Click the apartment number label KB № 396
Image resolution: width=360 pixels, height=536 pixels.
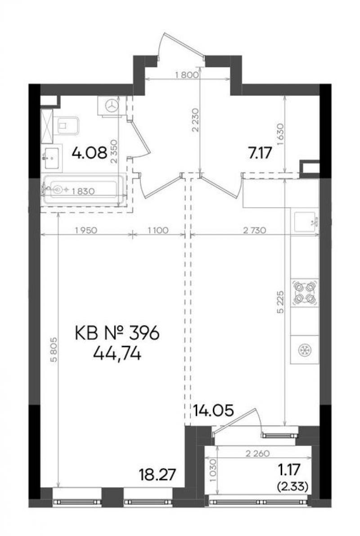tap(117, 333)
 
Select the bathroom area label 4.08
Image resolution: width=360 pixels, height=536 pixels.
tap(90, 153)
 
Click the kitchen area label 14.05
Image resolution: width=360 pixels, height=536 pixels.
tap(213, 410)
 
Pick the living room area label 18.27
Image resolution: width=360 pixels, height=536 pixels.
tap(157, 475)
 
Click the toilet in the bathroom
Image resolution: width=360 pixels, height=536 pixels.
tap(67, 126)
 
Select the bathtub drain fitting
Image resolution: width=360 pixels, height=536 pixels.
tap(58, 189)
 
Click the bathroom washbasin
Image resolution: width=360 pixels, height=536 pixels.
tap(52, 158)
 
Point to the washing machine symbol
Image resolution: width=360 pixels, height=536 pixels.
tap(109, 106)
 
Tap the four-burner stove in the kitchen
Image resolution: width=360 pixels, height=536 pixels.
tap(304, 293)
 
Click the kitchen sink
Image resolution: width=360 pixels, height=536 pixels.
tap(305, 222)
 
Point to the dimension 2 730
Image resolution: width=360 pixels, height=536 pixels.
tap(254, 231)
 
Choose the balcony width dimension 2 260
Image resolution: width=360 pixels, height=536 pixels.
tap(258, 454)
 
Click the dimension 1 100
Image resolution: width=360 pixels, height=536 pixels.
tap(158, 231)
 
